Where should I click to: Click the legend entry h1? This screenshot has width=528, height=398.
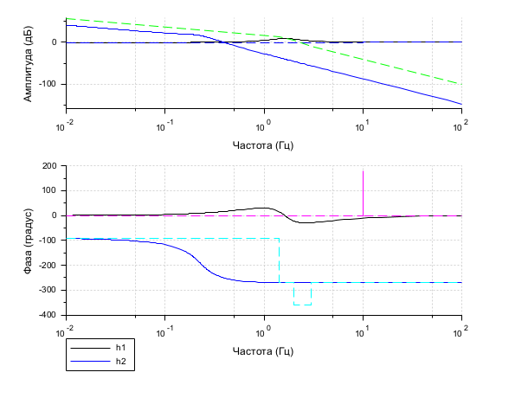pos(120,347)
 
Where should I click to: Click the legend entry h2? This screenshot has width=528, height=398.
pos(120,360)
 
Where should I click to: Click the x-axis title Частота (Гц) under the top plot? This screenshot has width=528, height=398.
pos(263,144)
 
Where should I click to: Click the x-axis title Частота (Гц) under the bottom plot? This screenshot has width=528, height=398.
pos(263,351)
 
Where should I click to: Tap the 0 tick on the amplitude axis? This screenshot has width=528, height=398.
pos(55,42)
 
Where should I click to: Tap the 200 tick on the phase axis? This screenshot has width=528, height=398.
pos(48,166)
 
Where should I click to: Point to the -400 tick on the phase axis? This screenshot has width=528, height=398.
pos(47,315)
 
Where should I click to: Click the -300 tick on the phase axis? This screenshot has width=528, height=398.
pos(47,290)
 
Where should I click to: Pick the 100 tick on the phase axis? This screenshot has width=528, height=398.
pos(48,191)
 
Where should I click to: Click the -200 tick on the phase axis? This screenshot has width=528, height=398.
pos(47,266)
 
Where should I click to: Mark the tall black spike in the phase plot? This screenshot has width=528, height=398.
pos(363,186)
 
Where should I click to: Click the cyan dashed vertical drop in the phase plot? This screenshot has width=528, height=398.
pos(279,260)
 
